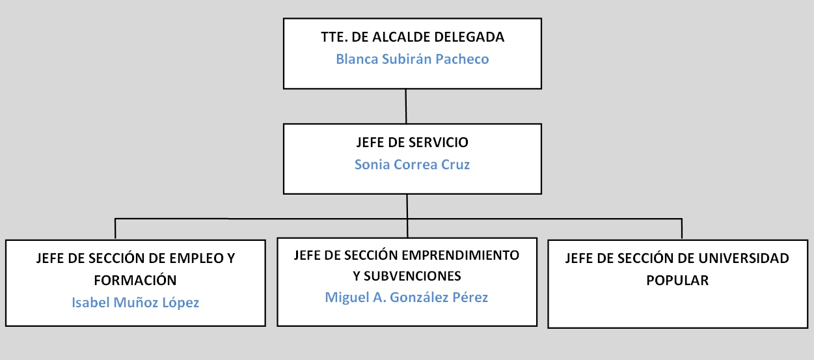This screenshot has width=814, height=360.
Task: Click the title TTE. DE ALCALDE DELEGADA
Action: [413, 36]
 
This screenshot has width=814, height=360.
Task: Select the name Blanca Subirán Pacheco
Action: [413, 59]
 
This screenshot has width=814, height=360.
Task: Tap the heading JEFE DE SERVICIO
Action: [413, 142]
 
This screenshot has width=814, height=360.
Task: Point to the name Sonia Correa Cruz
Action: [412, 164]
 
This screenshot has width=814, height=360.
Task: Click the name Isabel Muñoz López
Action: [135, 303]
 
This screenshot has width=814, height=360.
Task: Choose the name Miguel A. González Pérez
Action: [406, 297]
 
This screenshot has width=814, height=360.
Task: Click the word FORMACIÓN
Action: [135, 280]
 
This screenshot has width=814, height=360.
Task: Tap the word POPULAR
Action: [677, 280]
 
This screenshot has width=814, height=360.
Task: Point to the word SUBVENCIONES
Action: [413, 276]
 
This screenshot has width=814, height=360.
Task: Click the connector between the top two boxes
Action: [406, 106]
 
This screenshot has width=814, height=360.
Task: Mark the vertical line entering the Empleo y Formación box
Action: [115, 228]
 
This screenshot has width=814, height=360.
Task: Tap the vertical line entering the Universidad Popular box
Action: [682, 228]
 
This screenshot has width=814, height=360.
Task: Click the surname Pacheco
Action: [462, 59]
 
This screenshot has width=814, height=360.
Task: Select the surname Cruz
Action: [455, 164]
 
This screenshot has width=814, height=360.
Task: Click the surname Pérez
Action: [470, 297]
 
